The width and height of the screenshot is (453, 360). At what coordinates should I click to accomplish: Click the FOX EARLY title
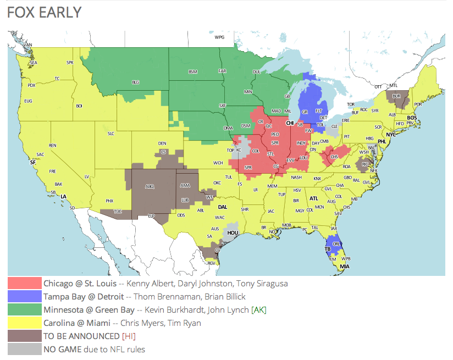[x=45, y=13]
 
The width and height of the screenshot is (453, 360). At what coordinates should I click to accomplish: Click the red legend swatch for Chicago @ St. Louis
[x=25, y=284]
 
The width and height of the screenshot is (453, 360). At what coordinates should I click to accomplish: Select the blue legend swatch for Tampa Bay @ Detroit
[x=25, y=297]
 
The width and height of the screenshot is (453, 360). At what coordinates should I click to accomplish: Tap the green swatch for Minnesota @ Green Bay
[x=25, y=310]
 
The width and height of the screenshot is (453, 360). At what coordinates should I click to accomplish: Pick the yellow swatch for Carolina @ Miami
[x=25, y=323]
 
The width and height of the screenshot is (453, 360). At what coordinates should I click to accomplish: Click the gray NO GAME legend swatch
[x=25, y=349]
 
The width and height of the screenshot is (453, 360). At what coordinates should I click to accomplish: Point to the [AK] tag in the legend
[x=259, y=310]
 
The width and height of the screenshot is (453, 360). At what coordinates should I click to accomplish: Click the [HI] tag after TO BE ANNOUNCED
[x=129, y=336]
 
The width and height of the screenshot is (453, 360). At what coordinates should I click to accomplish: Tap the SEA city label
[x=33, y=63]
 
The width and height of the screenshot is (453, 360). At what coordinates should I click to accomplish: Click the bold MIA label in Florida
[x=344, y=267]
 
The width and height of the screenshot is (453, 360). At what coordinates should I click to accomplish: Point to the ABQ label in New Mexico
[x=149, y=186]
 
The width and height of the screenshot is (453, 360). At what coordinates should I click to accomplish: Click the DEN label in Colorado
[x=163, y=144]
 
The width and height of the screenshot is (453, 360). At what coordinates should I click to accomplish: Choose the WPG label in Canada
[x=220, y=37]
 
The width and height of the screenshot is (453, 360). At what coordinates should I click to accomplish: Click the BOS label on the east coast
[x=412, y=118]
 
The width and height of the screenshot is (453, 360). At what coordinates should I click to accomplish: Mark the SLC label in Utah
[x=111, y=133]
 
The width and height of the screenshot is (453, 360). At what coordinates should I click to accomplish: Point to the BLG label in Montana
[x=135, y=82]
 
